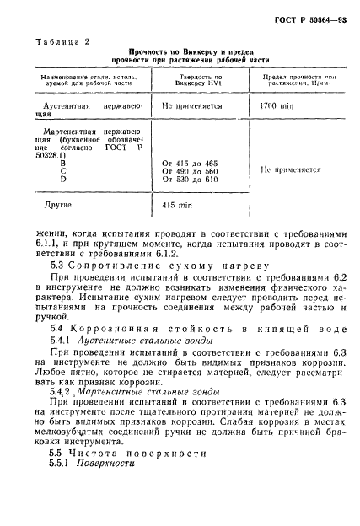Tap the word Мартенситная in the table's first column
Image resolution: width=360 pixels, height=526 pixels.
click(73, 132)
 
